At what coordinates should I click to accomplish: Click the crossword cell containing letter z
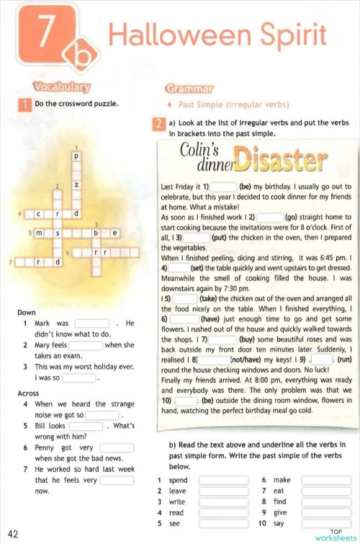[x=76, y=185]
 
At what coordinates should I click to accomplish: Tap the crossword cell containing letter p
[x=76, y=156]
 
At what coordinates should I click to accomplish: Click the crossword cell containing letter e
[x=114, y=233]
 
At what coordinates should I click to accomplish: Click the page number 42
[x=13, y=534]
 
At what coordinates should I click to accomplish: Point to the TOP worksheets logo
[x=336, y=533]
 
